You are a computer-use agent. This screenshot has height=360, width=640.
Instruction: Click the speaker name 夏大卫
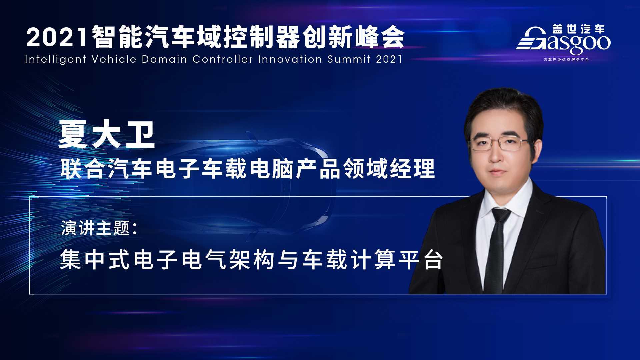[107, 135]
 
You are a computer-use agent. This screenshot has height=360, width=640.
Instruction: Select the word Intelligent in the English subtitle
[55, 59]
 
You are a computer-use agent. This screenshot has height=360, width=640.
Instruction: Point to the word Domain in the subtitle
[164, 59]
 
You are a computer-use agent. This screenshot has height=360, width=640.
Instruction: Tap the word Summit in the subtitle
[349, 59]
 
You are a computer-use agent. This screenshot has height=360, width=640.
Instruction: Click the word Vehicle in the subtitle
[114, 59]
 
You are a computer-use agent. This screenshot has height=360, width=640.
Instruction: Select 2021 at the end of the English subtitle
[389, 59]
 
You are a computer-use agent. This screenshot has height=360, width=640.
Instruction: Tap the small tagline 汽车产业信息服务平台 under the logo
[566, 60]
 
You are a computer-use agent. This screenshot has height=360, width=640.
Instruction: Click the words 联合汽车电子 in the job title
[131, 169]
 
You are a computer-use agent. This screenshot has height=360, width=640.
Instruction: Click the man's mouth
[498, 173]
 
